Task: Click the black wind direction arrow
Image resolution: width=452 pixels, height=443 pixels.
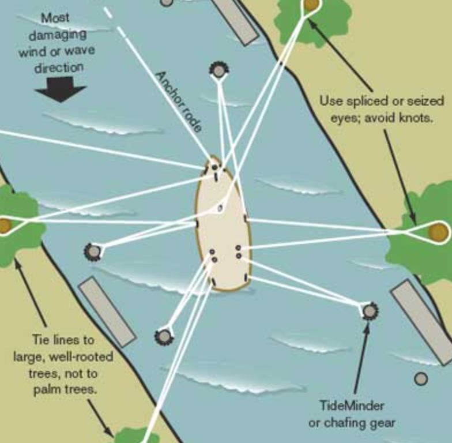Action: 61,89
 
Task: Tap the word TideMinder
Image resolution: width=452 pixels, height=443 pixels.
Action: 352,406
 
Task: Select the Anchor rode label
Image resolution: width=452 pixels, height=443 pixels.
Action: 179,102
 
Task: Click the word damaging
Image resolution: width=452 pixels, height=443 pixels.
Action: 58,35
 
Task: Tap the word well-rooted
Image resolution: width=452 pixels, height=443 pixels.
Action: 81,357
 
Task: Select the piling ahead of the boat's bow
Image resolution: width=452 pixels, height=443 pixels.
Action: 219,70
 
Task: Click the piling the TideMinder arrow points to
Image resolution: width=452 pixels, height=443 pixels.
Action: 369,311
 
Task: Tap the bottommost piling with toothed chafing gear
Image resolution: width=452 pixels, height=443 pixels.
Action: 164,337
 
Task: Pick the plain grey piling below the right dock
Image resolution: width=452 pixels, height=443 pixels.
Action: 421,378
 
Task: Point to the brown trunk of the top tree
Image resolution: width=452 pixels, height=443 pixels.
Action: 311,4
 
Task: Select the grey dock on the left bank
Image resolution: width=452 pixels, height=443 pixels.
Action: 107,311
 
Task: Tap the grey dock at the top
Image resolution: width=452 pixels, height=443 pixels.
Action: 235,20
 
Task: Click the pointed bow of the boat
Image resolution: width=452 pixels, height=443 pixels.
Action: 213,157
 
